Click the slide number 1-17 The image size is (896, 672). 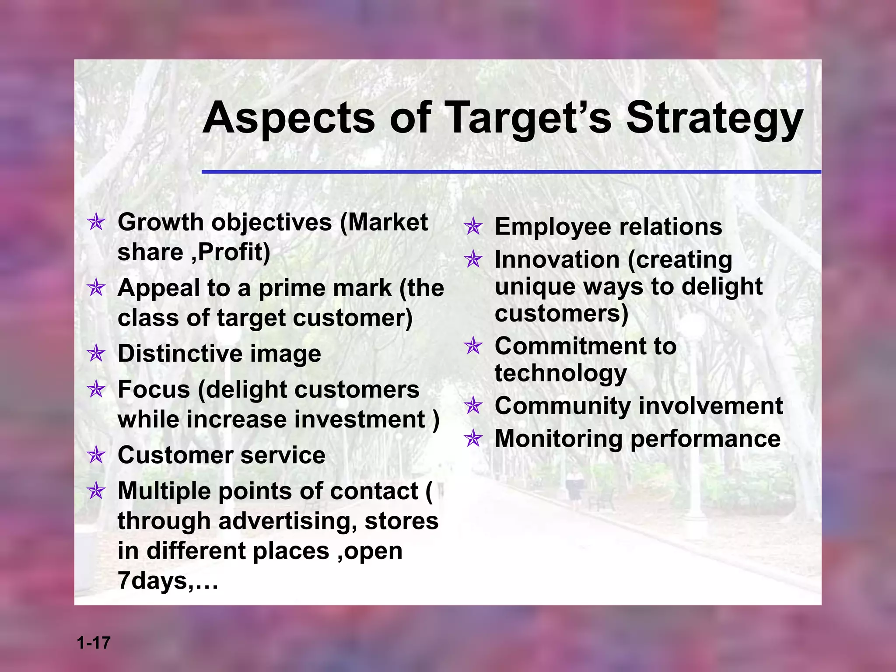tap(94, 643)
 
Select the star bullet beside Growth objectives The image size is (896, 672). tap(96, 222)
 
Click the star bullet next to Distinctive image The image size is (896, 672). tap(96, 353)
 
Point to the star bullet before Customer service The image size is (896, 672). tap(96, 455)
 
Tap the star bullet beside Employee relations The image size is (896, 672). tap(473, 227)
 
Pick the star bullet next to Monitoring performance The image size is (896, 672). tap(473, 438)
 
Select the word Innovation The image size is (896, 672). tap(557, 259)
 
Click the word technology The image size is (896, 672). tap(560, 374)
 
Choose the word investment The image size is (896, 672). tap(360, 419)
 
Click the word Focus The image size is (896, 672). tap(154, 389)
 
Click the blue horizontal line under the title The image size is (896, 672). tap(511, 172)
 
